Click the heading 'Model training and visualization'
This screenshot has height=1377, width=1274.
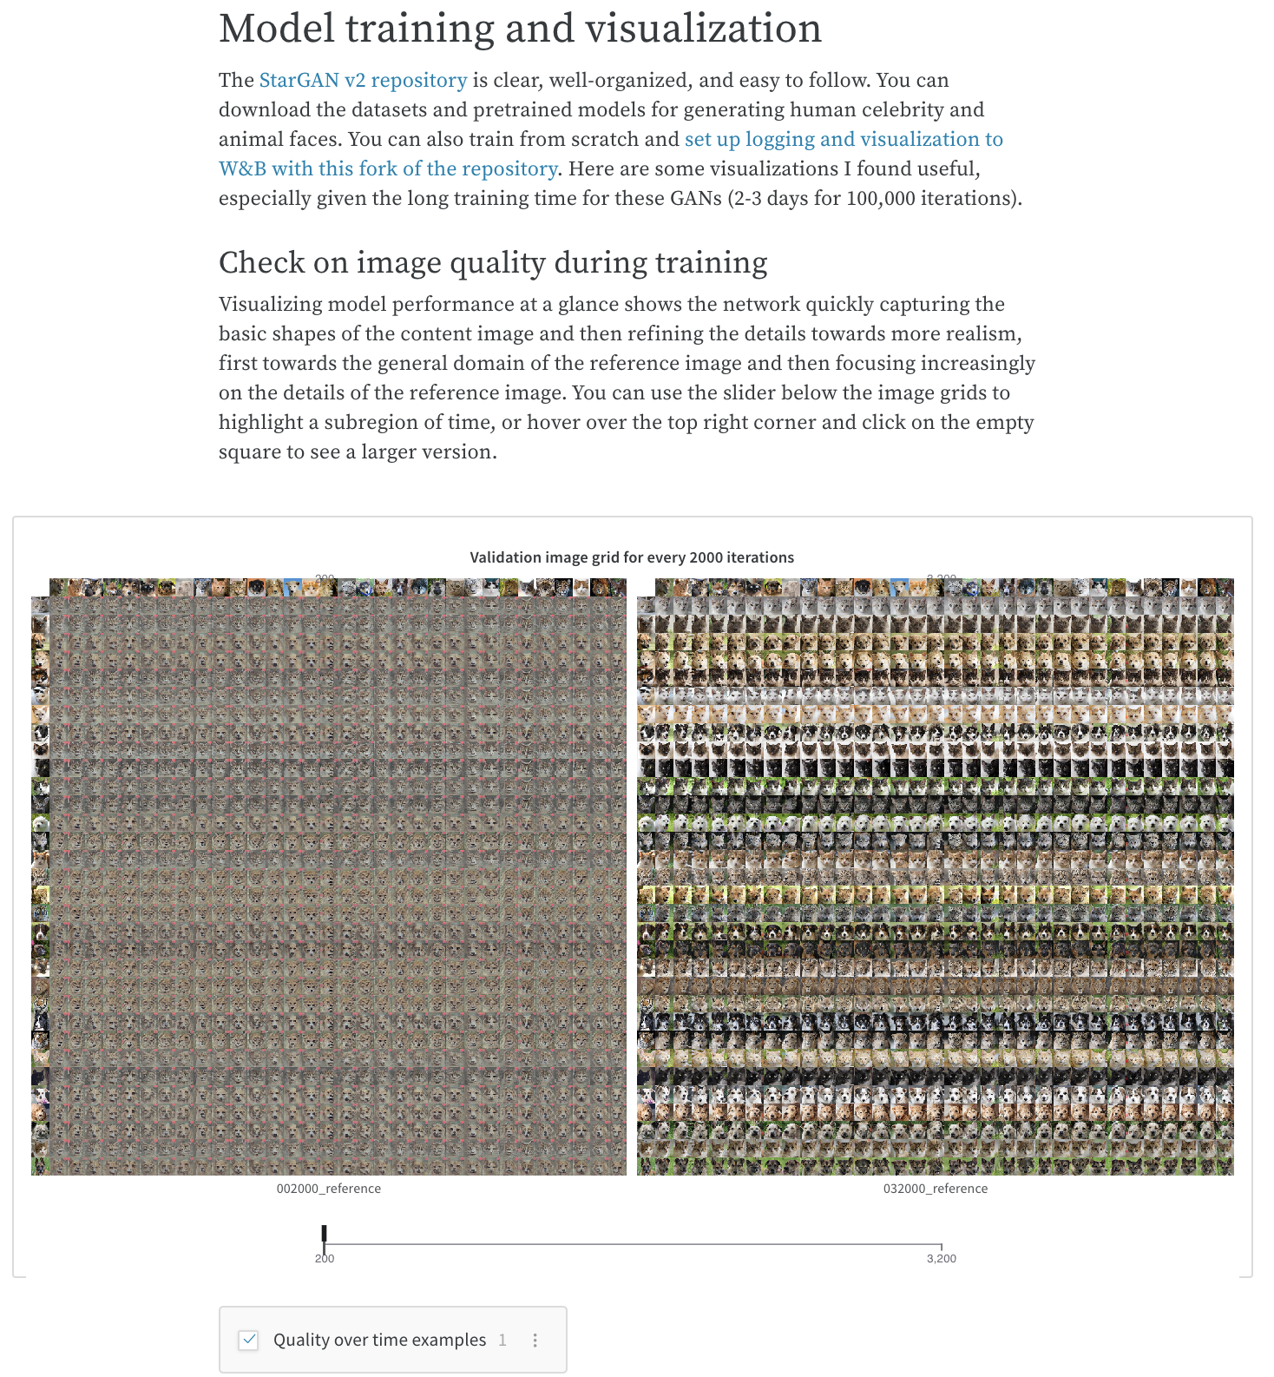pyautogui.click(x=520, y=29)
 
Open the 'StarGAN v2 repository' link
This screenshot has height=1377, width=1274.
pyautogui.click(x=363, y=80)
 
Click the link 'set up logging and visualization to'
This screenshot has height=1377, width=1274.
pyautogui.click(x=844, y=139)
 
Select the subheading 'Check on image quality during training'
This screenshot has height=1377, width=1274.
pyautogui.click(x=493, y=262)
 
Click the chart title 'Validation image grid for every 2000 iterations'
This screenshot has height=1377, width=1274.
pyautogui.click(x=632, y=557)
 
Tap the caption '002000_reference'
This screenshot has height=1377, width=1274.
pyautogui.click(x=328, y=1189)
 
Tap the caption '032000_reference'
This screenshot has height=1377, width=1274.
pyautogui.click(x=935, y=1189)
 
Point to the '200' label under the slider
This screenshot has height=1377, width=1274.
pyautogui.click(x=324, y=1259)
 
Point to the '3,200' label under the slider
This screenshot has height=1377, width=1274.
pyautogui.click(x=941, y=1259)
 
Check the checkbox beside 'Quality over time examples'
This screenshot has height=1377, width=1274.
pyautogui.click(x=249, y=1340)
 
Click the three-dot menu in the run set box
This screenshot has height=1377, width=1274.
pyautogui.click(x=535, y=1340)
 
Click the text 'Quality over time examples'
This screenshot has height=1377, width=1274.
pyautogui.click(x=379, y=1340)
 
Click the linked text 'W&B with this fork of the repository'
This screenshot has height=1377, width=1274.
pyautogui.click(x=387, y=168)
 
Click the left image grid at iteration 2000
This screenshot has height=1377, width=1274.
pyautogui.click(x=329, y=877)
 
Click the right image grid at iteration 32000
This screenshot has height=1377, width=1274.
pyautogui.click(x=935, y=877)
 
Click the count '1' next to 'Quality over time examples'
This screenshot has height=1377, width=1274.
pyautogui.click(x=502, y=1340)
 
